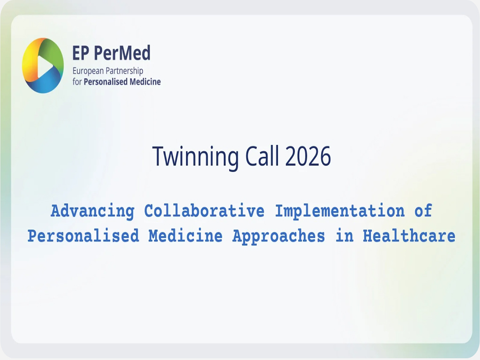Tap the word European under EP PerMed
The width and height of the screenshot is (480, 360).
point(88,71)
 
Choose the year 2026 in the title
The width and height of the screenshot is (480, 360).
point(307,157)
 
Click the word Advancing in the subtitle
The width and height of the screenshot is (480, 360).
point(92,211)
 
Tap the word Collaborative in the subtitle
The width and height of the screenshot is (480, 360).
point(204,211)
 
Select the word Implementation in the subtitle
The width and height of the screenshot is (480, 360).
point(339,211)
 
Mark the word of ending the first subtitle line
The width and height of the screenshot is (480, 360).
point(423,211)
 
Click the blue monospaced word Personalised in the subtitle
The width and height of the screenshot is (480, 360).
point(83,236)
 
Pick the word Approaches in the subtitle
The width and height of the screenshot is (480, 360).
point(278,236)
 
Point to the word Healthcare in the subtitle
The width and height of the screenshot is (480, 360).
point(409,236)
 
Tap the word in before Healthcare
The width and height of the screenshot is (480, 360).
point(344,236)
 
